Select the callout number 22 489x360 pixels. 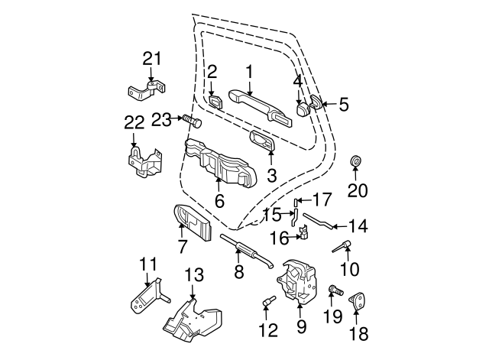coord(134,123)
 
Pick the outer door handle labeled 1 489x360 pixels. coord(250,97)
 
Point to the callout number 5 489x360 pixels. coord(343,105)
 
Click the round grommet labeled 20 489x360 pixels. coord(355,163)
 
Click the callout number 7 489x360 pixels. coord(182,247)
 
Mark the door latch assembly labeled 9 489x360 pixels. coord(300,284)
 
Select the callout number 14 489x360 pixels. coord(358,226)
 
